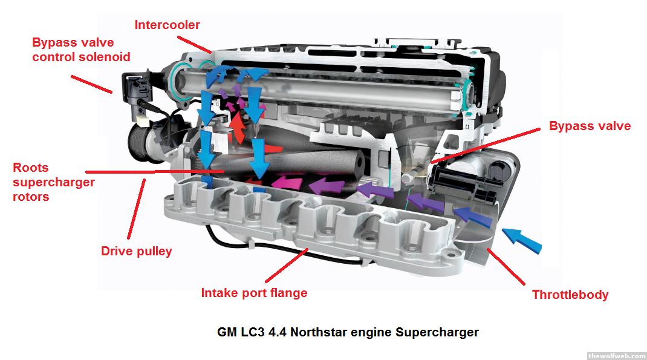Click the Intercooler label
click(x=167, y=25)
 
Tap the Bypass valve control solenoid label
click(x=81, y=50)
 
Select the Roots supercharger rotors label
click(x=54, y=182)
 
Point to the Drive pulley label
click(x=137, y=251)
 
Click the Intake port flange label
click(x=254, y=293)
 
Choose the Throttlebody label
click(x=570, y=295)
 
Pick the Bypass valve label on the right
click(x=590, y=126)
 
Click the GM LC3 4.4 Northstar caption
click(x=348, y=332)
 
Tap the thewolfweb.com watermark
click(x=617, y=356)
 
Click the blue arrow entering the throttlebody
click(x=522, y=240)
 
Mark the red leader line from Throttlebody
click(x=506, y=267)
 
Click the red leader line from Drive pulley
click(x=137, y=209)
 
